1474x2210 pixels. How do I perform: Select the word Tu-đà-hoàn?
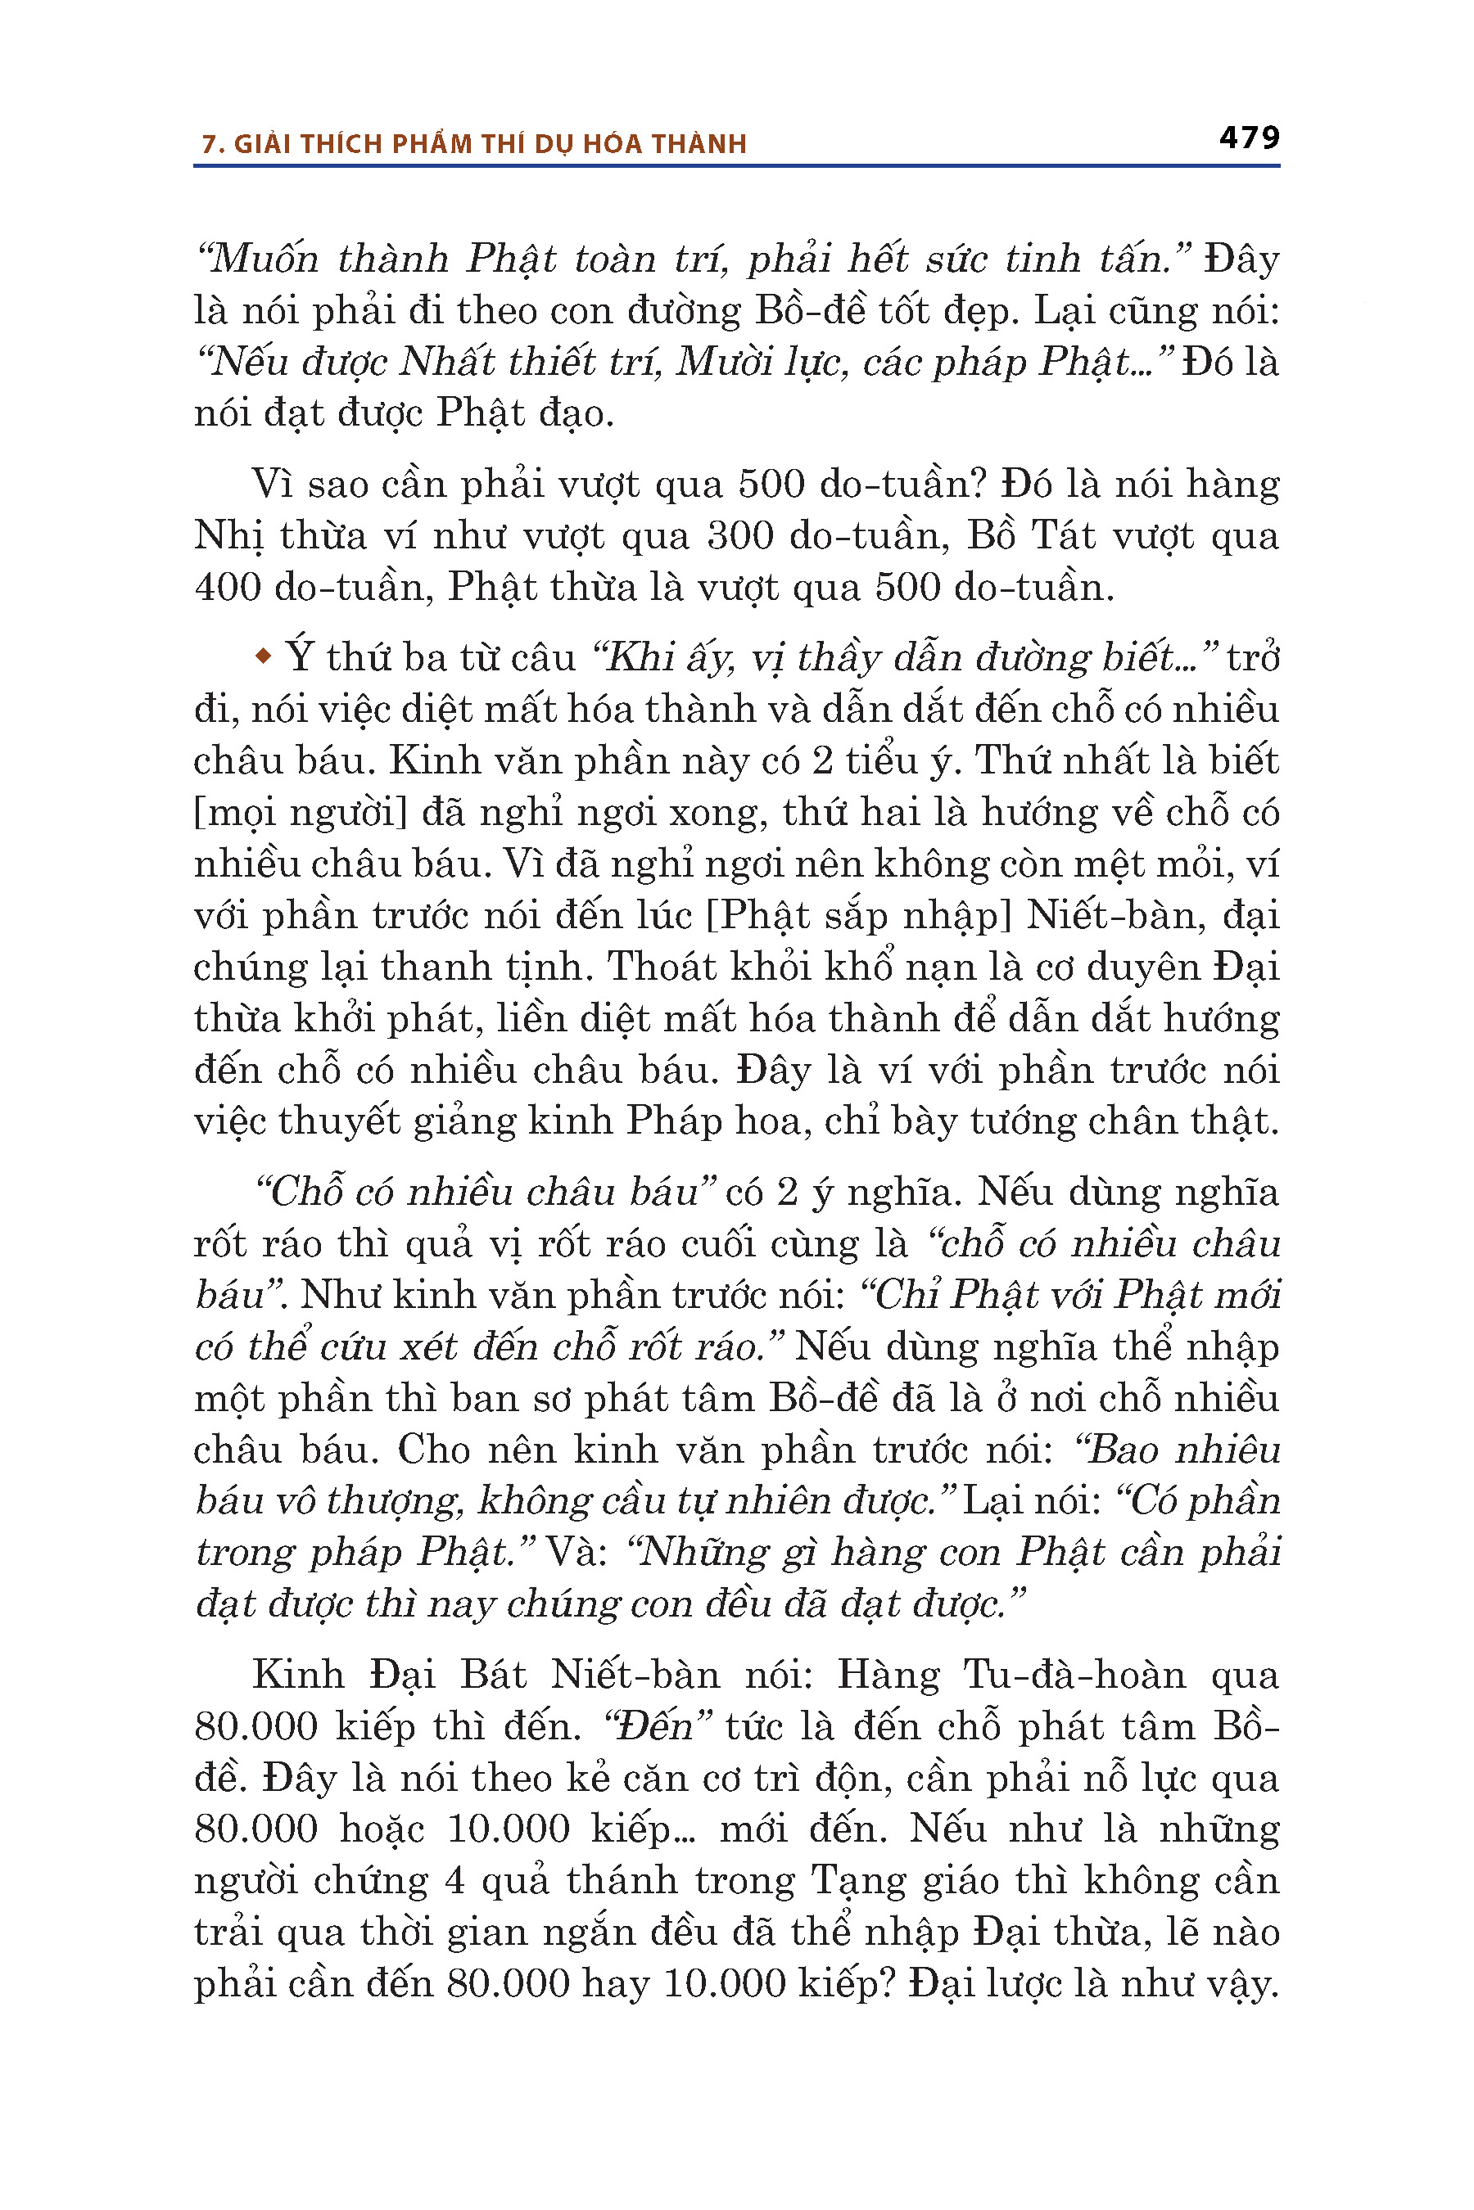1076,1675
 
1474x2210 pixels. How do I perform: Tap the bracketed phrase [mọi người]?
300,812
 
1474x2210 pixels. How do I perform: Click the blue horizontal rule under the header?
737,166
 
